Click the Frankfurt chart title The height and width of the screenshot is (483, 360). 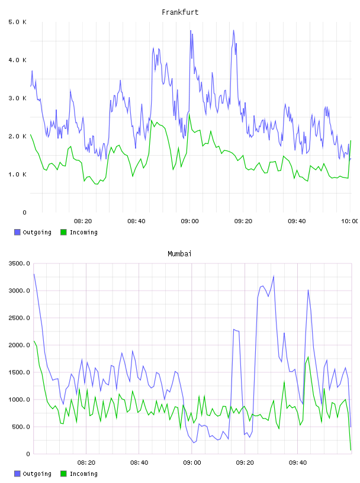[x=180, y=12]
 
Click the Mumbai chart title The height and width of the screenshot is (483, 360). [x=179, y=254]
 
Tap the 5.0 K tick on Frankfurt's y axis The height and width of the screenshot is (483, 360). [x=17, y=22]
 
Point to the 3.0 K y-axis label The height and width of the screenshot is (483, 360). [x=17, y=98]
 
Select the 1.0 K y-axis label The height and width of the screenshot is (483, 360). [x=17, y=175]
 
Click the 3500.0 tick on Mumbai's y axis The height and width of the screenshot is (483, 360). [x=19, y=263]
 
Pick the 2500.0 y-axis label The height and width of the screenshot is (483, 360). [x=19, y=318]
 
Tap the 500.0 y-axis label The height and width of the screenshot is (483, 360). [x=21, y=427]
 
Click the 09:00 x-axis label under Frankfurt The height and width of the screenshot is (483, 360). [x=189, y=221]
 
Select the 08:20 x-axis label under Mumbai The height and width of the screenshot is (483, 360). [x=86, y=463]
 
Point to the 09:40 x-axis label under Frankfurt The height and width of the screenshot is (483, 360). [x=297, y=221]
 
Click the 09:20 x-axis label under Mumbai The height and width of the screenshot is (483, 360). [x=245, y=463]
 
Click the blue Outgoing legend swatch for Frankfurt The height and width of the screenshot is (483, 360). [x=17, y=232]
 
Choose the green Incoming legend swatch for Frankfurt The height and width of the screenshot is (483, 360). [x=63, y=232]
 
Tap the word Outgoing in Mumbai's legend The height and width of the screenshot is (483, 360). [x=37, y=474]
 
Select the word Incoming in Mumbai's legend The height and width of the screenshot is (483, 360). [x=83, y=474]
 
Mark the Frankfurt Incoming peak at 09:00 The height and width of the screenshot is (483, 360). [x=189, y=114]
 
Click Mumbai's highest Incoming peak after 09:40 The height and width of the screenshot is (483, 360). [x=308, y=357]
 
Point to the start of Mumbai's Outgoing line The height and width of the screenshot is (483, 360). [x=34, y=274]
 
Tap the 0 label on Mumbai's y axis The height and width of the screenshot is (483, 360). [x=28, y=454]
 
